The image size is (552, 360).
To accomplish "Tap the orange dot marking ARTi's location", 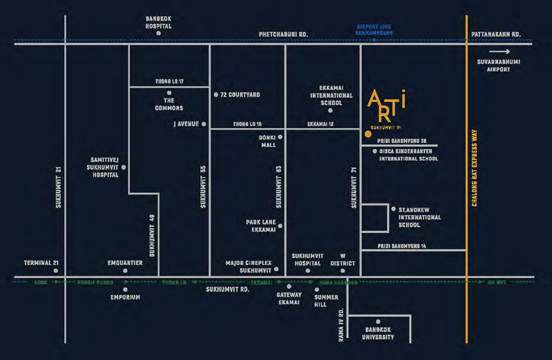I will coord(368,134).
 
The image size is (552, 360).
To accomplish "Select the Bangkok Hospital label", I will coord(159,22).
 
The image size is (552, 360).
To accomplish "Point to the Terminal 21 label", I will coord(43,263).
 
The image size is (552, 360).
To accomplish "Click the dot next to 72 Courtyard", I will coord(216,94).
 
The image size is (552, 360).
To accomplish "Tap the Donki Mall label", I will coord(267,141).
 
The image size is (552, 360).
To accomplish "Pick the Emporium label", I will coord(126,297).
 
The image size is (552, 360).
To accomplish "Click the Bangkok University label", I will coord(378,333).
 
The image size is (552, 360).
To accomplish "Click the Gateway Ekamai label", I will coord(288,299).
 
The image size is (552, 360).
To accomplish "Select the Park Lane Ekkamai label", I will coord(261,226).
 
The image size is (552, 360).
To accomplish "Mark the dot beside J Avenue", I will coord(204,124).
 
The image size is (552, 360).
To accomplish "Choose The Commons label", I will coord(169,104).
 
